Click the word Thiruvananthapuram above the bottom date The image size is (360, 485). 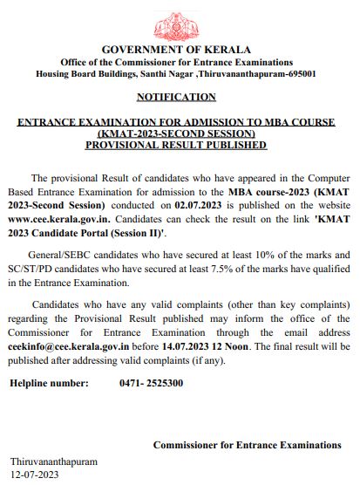pos(54,461)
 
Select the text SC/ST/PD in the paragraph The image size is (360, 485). pos(32,270)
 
